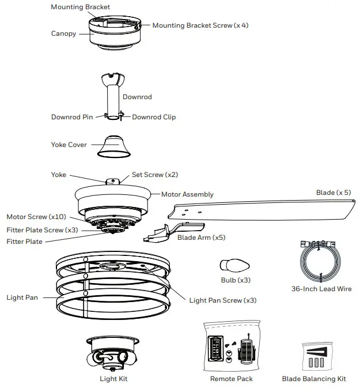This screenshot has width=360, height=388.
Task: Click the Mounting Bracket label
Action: coord(80,7)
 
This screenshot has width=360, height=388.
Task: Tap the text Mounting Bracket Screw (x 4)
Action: coord(200,25)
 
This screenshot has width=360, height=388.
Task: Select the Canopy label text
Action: coord(63,33)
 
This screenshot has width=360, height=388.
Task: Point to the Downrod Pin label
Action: coord(72,117)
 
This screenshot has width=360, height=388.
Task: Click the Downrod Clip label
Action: coord(154,117)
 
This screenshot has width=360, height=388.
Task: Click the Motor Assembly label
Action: coord(187,194)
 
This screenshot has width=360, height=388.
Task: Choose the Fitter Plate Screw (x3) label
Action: coord(42,229)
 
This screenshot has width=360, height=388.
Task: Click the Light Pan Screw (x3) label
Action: coord(223,300)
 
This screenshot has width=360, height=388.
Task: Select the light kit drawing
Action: coord(113,353)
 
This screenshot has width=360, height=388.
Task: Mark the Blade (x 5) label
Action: coord(333,193)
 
